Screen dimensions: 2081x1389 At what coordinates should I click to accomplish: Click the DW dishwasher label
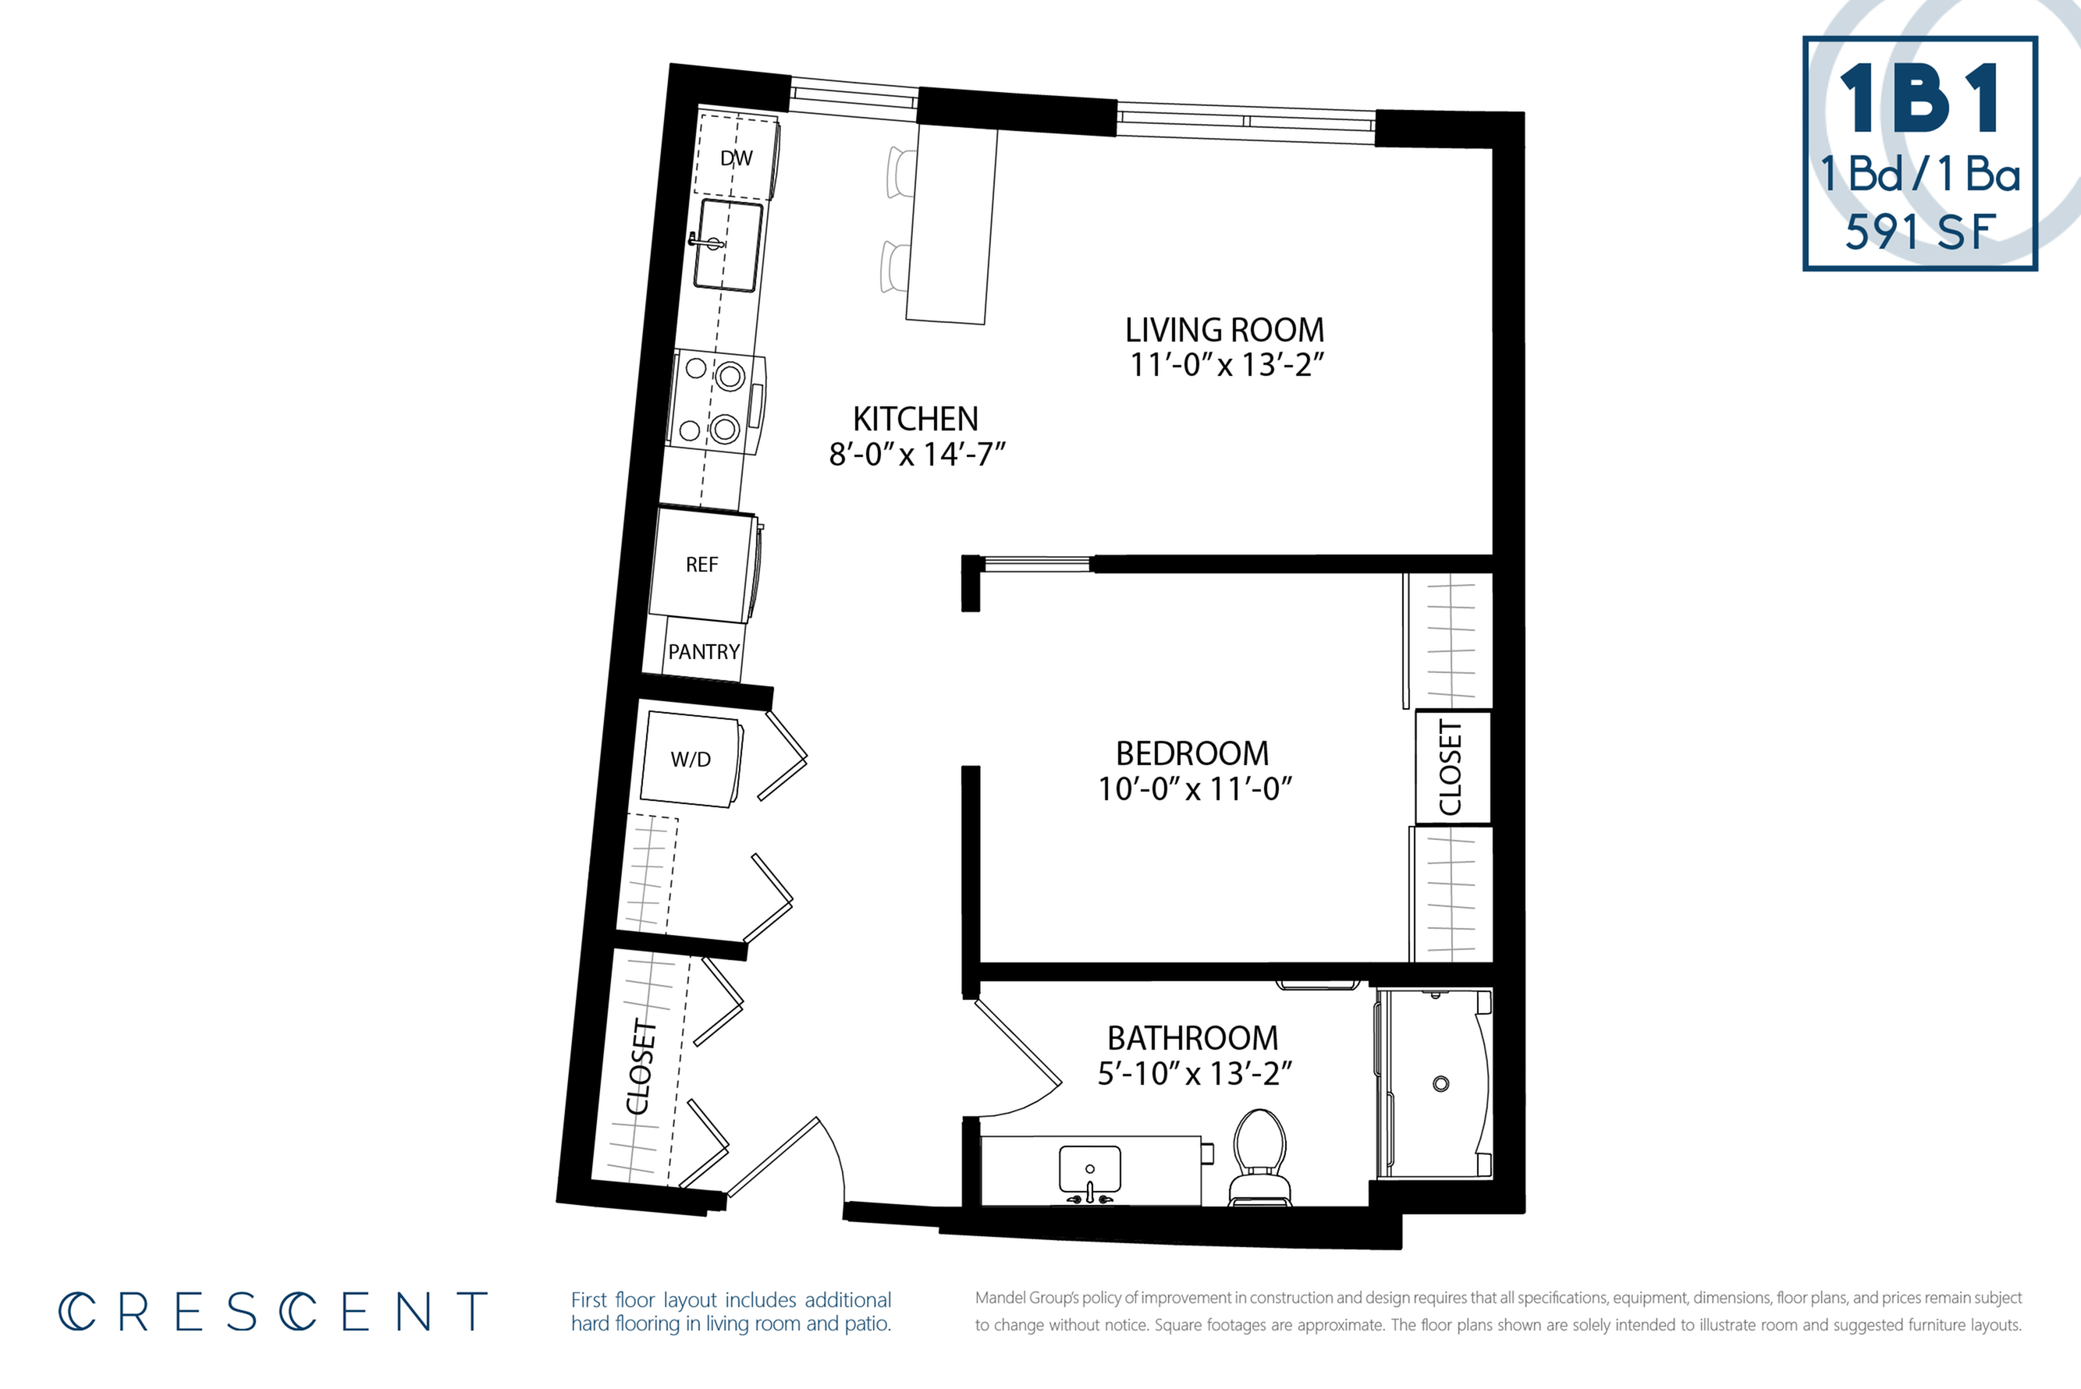(737, 158)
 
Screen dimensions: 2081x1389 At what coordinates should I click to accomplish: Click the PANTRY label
(704, 652)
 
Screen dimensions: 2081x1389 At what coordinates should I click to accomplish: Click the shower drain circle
(1441, 1083)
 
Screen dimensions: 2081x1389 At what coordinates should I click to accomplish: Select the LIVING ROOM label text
(1225, 331)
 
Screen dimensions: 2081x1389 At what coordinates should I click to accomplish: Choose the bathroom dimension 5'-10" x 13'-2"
(1195, 1074)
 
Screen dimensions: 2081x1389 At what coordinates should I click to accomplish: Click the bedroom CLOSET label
(1450, 767)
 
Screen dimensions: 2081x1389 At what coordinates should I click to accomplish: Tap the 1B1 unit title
(1919, 99)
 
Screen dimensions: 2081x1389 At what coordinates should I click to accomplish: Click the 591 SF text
(1920, 232)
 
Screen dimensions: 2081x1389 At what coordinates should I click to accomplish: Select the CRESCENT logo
(273, 1312)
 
